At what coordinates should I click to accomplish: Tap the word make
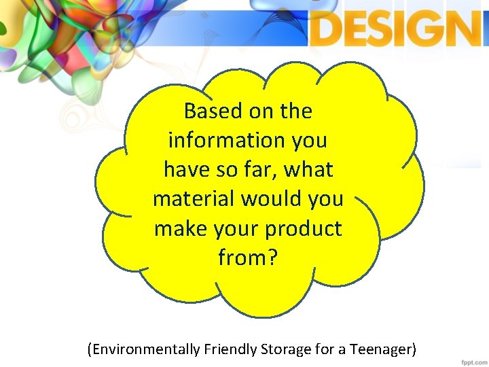coord(179,229)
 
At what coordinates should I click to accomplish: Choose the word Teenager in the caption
coord(381,350)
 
